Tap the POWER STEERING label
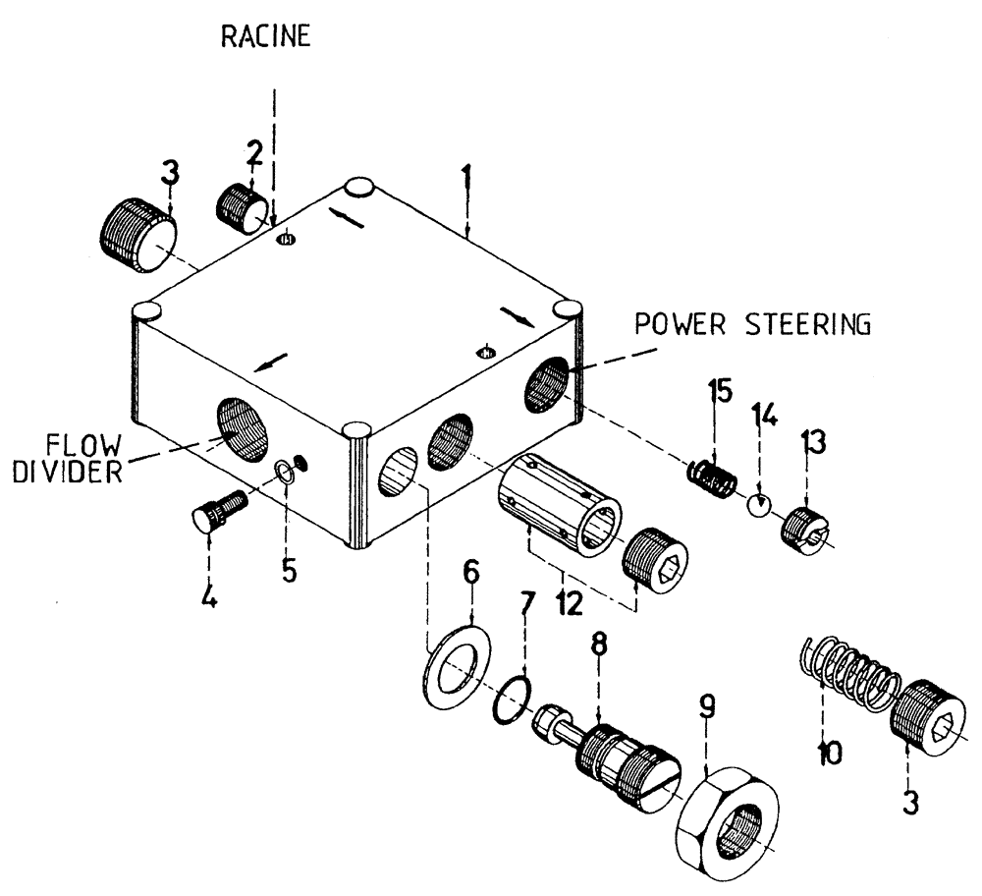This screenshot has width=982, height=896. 752,325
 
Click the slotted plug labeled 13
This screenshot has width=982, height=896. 805,530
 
